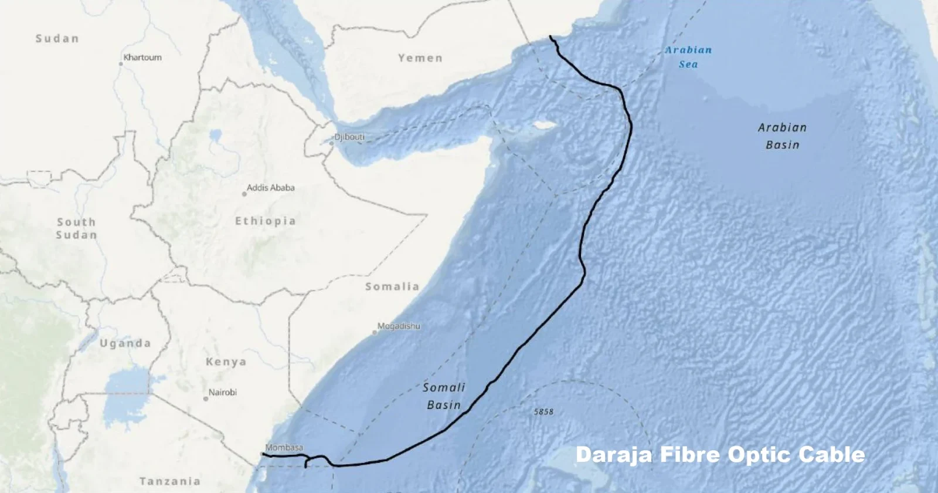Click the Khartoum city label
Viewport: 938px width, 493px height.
tap(142, 58)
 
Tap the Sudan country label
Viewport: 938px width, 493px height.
tap(57, 39)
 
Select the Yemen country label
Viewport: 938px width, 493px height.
tap(420, 58)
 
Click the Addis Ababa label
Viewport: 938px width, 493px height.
tap(270, 188)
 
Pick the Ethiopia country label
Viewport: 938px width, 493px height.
tap(266, 221)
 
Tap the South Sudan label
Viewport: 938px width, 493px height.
tap(76, 228)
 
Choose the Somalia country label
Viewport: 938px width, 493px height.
tap(392, 286)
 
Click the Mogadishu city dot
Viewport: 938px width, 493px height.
tap(375, 332)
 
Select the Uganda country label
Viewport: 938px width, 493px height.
tap(125, 343)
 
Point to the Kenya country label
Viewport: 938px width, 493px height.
tap(226, 362)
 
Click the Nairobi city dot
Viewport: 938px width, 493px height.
tap(206, 399)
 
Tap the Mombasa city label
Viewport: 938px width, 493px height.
tap(284, 447)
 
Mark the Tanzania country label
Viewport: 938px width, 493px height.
tap(170, 481)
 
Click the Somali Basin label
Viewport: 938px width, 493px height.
tap(444, 396)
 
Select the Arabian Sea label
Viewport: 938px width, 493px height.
tap(688, 57)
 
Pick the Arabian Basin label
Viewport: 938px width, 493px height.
tap(782, 136)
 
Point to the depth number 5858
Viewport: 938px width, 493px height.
tap(543, 412)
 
